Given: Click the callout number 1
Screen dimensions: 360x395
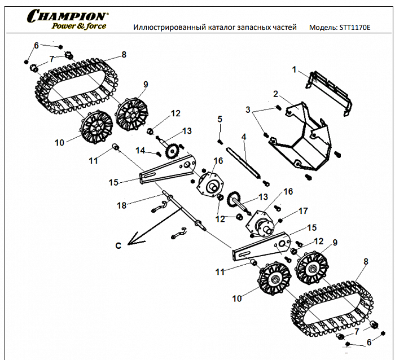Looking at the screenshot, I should pos(294,69).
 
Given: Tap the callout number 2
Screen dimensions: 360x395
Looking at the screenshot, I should pos(275,94).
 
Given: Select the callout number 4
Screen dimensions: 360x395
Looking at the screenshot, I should pos(244,137).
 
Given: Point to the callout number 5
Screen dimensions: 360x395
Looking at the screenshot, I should pos(220,119).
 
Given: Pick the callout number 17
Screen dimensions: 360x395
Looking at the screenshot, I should pos(303,211).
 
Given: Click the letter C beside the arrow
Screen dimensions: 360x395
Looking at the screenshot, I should pos(118,245).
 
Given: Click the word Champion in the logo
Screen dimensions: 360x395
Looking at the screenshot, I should pos(67,15).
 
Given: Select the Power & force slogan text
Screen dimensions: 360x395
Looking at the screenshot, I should pos(79,26).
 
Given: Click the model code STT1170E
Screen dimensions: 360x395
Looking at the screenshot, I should pos(357,27).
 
